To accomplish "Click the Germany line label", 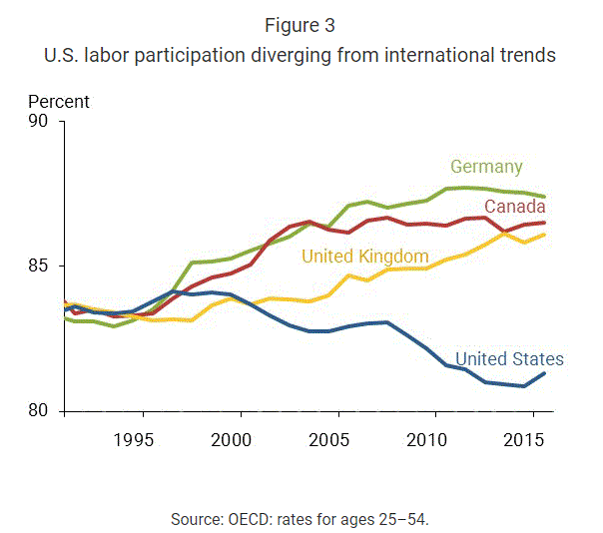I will [486, 167].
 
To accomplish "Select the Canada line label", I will [514, 206].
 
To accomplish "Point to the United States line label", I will [509, 359].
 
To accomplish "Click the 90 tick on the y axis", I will [40, 122].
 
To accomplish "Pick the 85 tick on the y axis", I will [40, 266].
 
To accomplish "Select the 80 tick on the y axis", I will [40, 411].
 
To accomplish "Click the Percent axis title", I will [59, 102].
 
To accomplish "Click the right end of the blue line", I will [544, 373].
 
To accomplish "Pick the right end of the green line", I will [544, 197].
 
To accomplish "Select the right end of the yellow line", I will [544, 235].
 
